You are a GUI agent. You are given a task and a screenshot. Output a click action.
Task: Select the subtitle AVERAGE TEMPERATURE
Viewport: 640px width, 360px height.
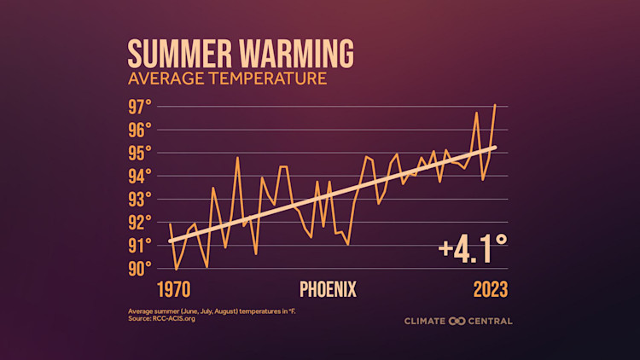(227, 79)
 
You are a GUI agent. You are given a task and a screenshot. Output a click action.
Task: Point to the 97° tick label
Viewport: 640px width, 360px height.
(140, 107)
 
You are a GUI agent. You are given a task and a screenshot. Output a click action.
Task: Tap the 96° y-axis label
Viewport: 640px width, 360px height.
(140, 130)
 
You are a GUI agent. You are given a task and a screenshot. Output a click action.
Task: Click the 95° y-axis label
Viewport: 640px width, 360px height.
(140, 153)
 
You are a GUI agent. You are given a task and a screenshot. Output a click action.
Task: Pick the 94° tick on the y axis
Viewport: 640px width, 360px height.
(140, 176)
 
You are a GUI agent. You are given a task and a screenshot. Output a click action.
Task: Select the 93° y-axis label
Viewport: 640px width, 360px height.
(140, 199)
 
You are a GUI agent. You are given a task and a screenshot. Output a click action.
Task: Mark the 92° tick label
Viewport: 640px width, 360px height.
(140, 222)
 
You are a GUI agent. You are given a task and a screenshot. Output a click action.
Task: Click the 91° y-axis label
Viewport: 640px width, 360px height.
(140, 245)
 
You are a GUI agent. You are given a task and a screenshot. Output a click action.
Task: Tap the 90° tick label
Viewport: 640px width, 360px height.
(140, 268)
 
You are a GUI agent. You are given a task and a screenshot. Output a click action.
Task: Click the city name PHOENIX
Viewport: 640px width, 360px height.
(328, 288)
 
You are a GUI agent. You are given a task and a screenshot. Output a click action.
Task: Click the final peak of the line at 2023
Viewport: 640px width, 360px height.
(495, 105)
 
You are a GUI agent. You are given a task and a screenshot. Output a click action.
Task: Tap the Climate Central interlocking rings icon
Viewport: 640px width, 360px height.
(457, 321)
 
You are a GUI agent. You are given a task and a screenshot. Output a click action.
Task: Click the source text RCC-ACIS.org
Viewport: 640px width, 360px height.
(163, 319)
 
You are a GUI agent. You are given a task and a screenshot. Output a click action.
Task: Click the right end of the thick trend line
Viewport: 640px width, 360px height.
(495, 147)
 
